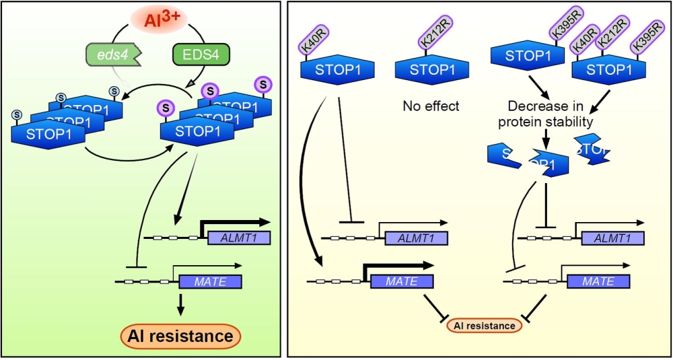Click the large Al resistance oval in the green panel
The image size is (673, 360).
pos(180,334)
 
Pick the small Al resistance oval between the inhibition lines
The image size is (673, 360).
pos(484,326)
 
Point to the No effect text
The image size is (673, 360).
pos(431,106)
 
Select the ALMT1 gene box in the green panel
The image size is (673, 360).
pos(239,237)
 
